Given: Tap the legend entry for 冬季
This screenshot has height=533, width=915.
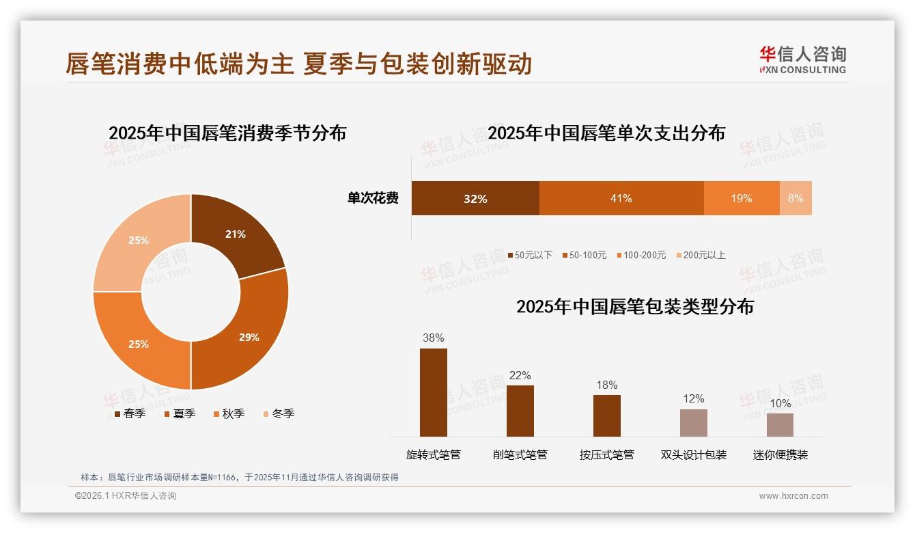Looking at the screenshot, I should point(278,413).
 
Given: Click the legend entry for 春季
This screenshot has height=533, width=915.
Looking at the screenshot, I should point(129,413).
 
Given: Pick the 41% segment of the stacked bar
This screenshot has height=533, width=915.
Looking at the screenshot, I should point(621,198).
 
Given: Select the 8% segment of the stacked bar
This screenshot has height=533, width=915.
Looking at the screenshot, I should point(796,198).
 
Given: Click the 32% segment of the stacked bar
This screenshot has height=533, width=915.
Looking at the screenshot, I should point(475,198).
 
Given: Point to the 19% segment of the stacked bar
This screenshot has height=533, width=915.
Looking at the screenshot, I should point(741,198).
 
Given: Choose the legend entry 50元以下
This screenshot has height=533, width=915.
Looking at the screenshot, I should point(530,255).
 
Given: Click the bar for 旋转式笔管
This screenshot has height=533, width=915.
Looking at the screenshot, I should point(434,392).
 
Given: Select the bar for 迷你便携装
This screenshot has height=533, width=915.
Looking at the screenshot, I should point(780,424).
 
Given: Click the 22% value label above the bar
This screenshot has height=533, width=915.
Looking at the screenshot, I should point(520,375).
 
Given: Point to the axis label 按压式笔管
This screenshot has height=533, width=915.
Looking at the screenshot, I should point(606,454).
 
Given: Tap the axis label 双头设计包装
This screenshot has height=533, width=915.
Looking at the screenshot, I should point(693,454).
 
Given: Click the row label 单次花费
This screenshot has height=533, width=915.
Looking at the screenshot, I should point(373,198).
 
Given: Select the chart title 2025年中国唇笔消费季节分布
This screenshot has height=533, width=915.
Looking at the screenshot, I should point(227,133).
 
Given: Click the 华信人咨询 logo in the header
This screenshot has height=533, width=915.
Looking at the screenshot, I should point(802,59).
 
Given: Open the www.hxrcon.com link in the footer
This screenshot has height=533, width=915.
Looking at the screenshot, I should point(793,496).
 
